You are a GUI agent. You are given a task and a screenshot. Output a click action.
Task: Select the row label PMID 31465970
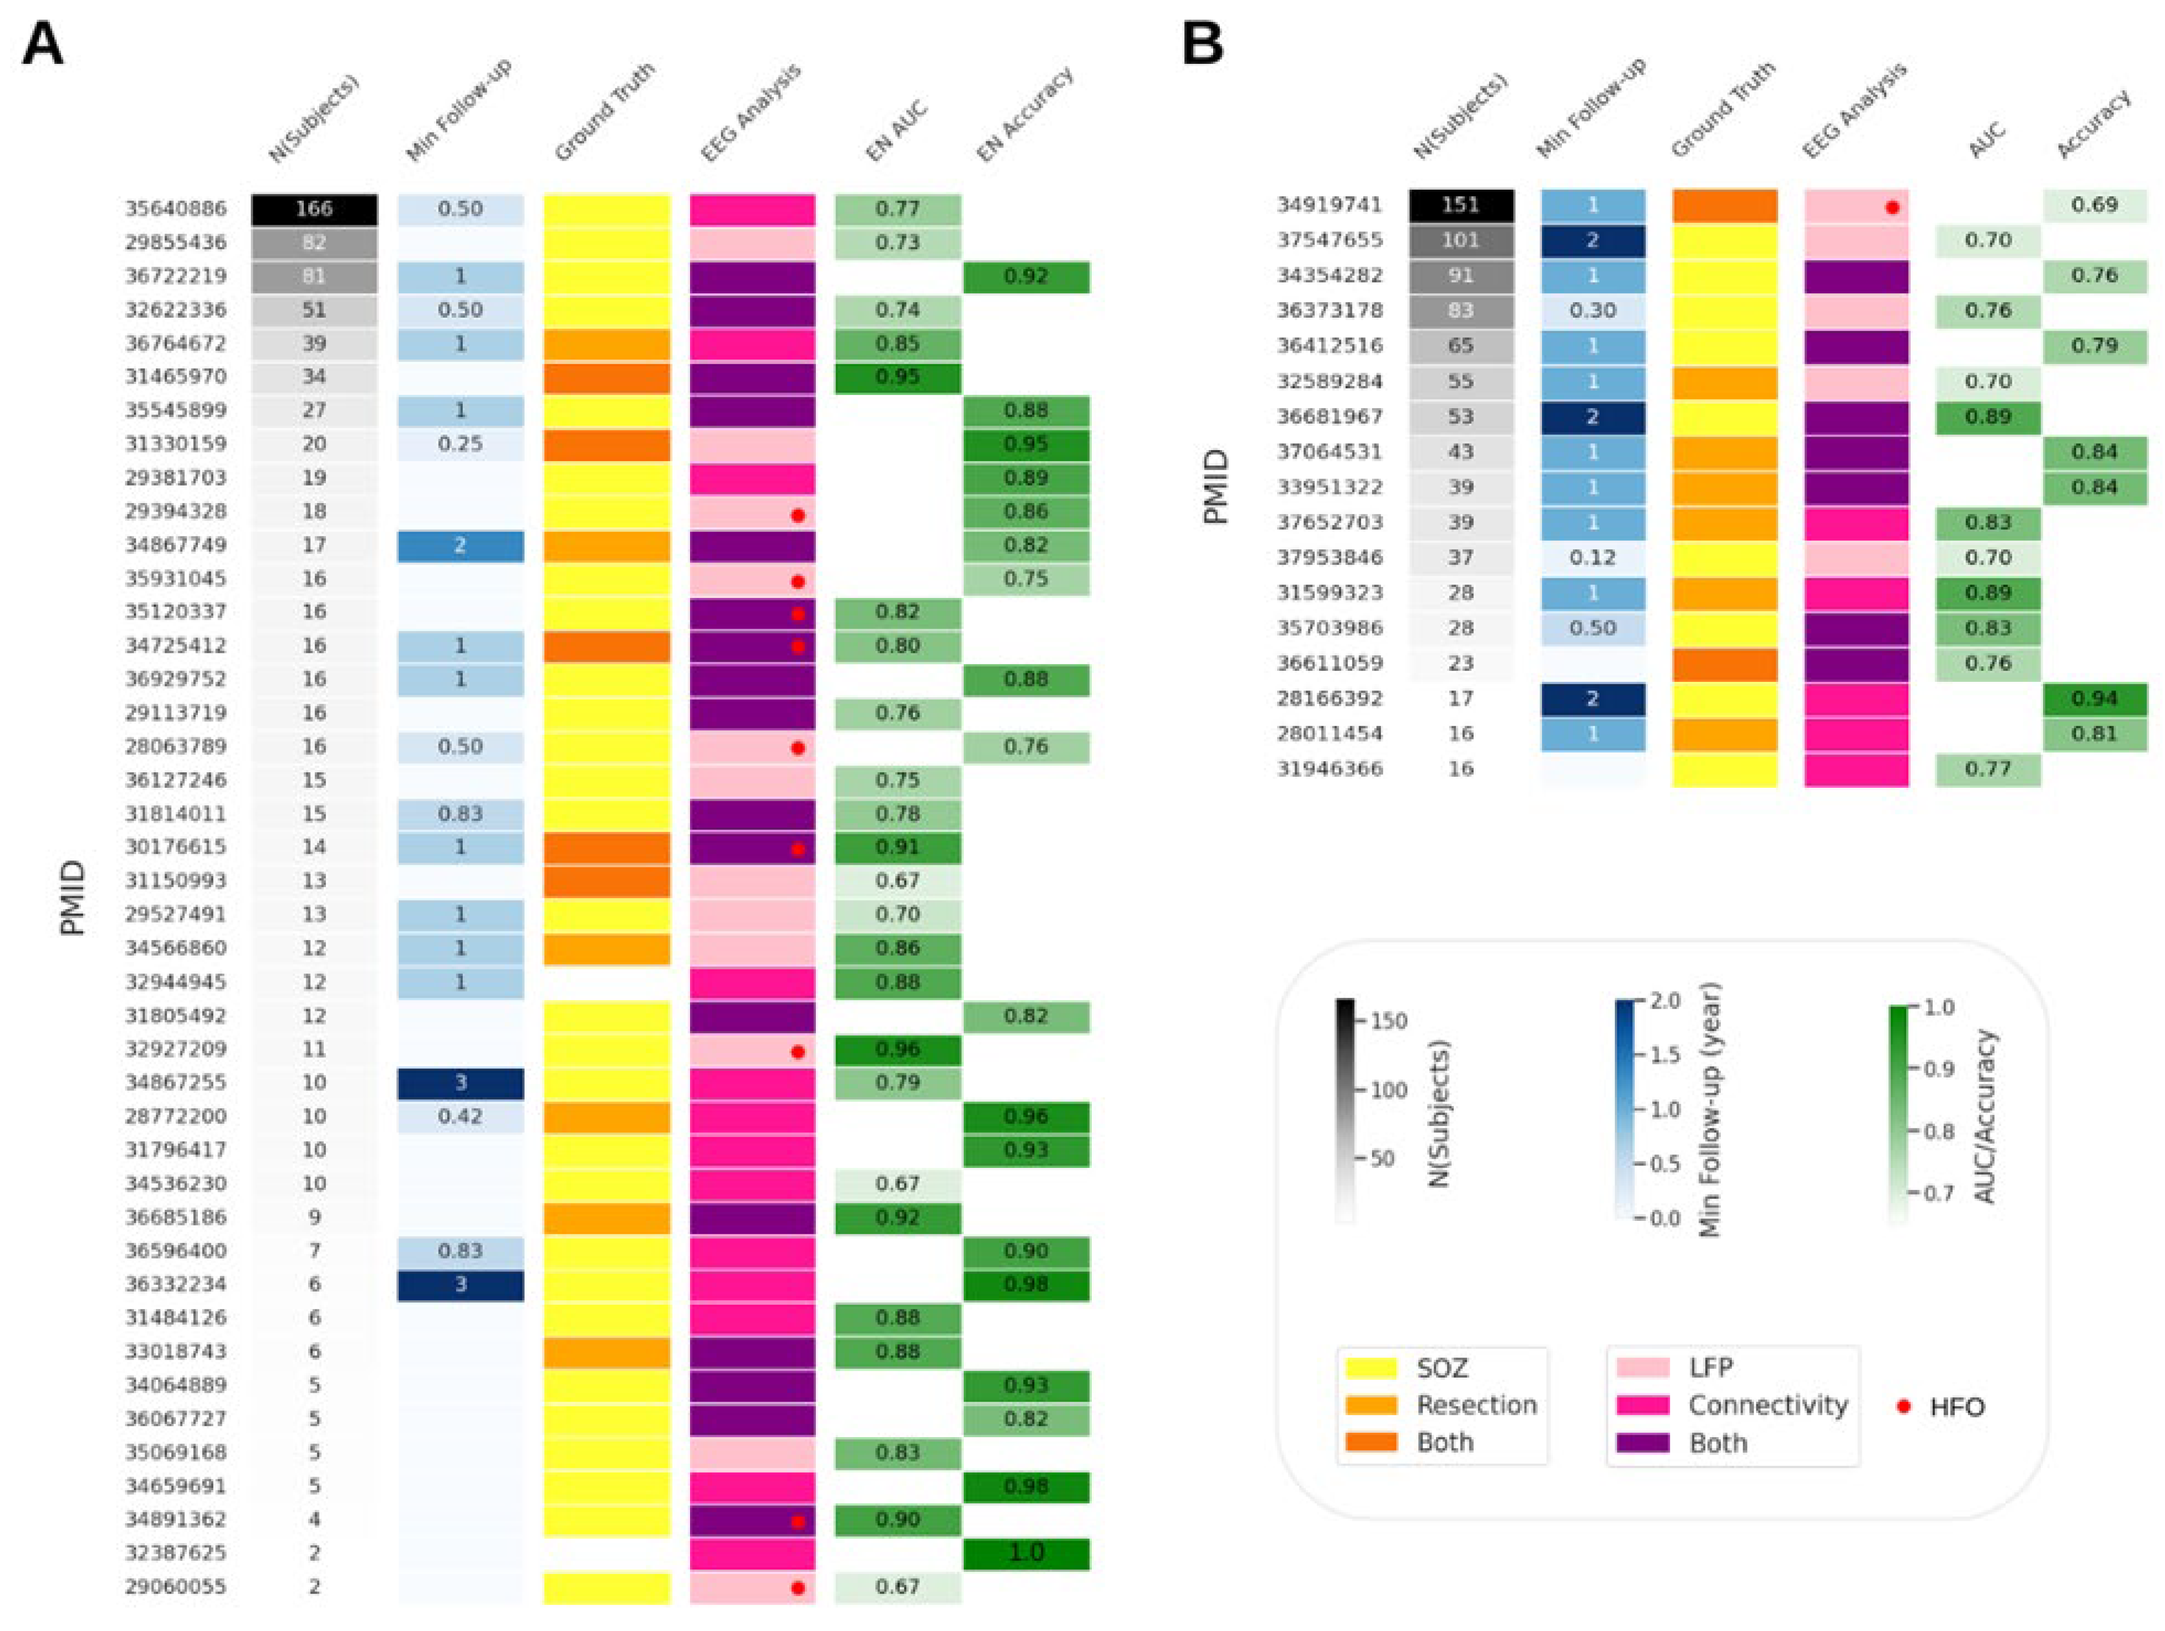[x=175, y=377]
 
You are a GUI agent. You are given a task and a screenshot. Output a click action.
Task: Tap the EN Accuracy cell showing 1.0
[x=1026, y=1553]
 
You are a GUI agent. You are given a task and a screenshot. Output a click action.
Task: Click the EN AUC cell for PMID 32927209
[x=897, y=1049]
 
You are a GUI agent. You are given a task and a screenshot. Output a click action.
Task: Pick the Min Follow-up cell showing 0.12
[x=1592, y=557]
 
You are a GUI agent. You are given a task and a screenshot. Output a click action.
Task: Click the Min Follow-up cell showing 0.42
[x=460, y=1116]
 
